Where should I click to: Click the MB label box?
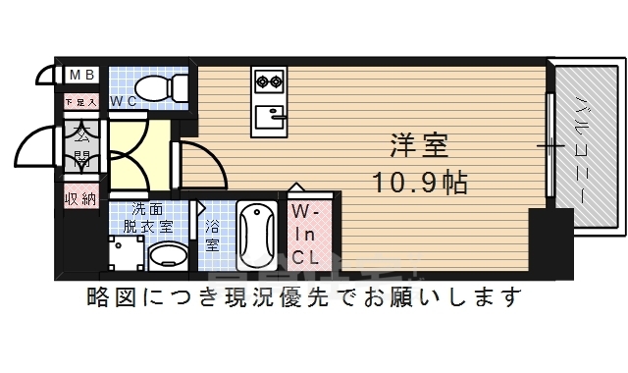tap(81, 75)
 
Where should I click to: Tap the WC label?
tap(123, 101)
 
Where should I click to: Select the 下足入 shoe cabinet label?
tap(81, 101)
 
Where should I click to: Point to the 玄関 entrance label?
tap(81, 144)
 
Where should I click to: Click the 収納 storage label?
tap(81, 198)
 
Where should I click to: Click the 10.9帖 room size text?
tap(419, 183)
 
